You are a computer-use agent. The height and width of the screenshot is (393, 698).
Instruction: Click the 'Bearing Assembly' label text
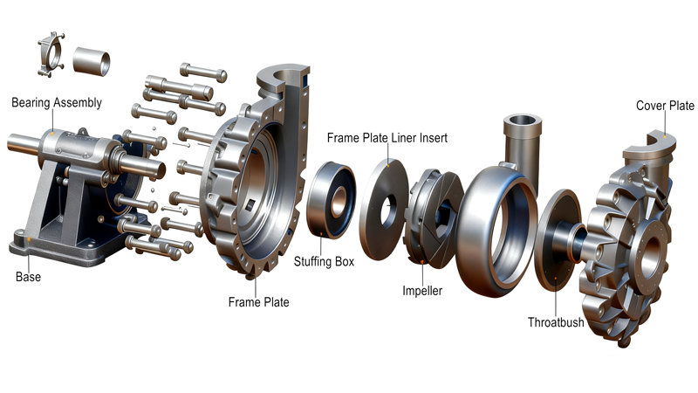[x=57, y=103]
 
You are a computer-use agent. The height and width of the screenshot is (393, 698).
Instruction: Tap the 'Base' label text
[x=28, y=277]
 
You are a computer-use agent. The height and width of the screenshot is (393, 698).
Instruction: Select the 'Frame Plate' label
[x=258, y=302]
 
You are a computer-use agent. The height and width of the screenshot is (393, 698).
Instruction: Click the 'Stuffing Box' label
[x=324, y=261]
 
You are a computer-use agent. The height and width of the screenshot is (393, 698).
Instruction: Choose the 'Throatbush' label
[x=556, y=322]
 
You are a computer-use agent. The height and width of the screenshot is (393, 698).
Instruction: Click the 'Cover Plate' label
[x=665, y=107]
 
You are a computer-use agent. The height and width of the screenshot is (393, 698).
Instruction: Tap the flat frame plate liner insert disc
[x=385, y=210]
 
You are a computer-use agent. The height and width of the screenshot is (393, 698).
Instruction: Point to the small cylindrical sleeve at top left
[x=92, y=60]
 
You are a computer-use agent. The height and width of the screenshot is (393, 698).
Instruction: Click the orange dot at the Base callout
[x=29, y=238]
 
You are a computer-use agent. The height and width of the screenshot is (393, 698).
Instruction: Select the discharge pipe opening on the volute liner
[x=522, y=122]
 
